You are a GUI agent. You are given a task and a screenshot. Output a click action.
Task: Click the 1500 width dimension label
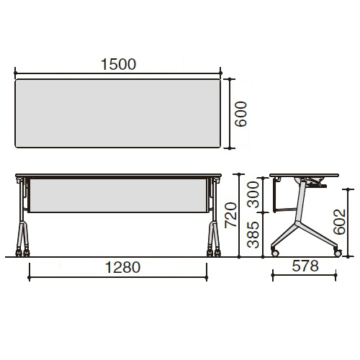pos(118,64)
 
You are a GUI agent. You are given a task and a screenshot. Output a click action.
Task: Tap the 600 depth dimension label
pos(240,114)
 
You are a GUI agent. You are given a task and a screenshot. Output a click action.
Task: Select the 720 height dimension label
pos(230,215)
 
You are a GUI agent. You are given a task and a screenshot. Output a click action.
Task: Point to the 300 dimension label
pos(253,194)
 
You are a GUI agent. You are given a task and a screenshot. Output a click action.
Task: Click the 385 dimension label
pos(253,235)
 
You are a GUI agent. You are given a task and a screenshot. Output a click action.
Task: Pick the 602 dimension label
pos(339,222)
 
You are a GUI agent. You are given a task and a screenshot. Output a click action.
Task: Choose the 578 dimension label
pos(305,266)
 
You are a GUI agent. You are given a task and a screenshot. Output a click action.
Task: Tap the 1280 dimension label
pos(122,267)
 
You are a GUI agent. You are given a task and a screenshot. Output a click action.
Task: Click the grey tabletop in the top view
pos(117,113)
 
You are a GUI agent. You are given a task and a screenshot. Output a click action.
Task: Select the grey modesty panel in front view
pos(118,196)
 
